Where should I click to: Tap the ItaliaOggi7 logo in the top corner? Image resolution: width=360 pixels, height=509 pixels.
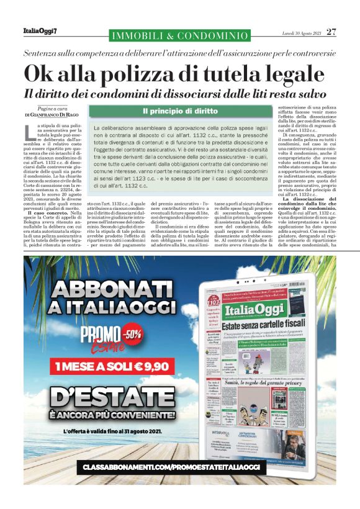(40, 31)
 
